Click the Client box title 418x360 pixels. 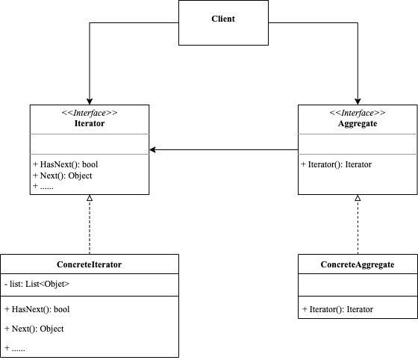(223, 18)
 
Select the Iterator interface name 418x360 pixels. (90, 122)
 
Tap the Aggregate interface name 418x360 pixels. (358, 122)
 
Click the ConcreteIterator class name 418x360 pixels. (90, 264)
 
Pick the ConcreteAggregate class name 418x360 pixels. (358, 264)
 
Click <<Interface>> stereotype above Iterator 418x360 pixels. (90, 112)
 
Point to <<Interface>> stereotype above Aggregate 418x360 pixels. (358, 112)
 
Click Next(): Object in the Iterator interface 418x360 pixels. (63, 176)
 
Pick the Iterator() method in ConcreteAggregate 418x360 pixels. (338, 308)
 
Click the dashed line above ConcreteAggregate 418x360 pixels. (358, 228)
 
